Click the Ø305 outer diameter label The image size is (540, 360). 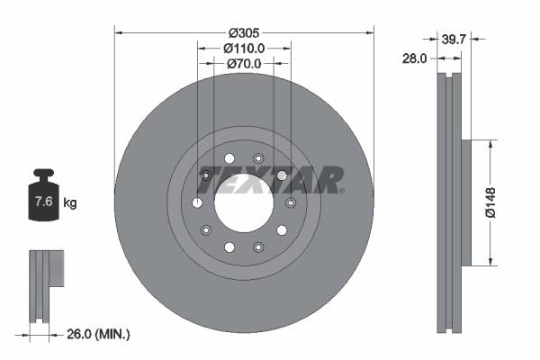coord(243,25)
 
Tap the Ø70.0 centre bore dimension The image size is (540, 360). coord(243,63)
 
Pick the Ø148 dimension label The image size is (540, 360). coord(490,202)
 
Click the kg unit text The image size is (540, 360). coord(70,203)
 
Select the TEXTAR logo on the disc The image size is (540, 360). coord(270,181)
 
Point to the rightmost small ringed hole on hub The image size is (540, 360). coord(291,202)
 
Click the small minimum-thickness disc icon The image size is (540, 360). coord(45,284)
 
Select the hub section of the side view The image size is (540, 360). coord(465,202)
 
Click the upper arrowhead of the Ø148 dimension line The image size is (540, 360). coord(490,144)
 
